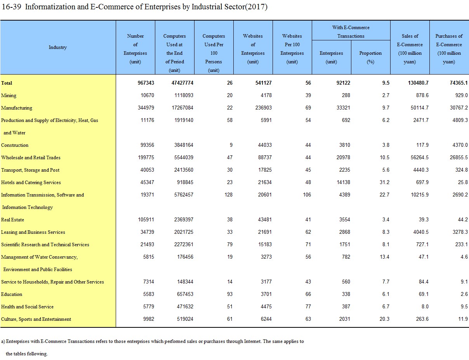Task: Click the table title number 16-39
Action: [11, 7]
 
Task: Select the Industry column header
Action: [57, 47]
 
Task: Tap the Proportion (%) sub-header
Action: [370, 57]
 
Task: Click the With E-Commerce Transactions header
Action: [351, 32]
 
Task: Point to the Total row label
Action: [7, 83]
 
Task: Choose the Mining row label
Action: [9, 96]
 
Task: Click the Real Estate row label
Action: [12, 220]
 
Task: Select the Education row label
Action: [12, 294]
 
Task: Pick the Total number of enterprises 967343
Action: [146, 83]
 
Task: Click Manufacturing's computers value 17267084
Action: [182, 108]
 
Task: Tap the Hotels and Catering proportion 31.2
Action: [385, 183]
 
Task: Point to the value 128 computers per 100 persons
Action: [228, 195]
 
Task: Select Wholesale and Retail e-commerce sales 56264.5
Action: [420, 157]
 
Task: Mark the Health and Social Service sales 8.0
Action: [425, 307]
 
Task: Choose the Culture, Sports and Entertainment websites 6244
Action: [266, 319]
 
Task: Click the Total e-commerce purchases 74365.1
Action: [459, 83]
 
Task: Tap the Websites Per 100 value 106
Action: [307, 195]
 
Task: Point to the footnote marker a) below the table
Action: [3, 341]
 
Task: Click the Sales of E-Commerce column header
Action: [410, 49]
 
